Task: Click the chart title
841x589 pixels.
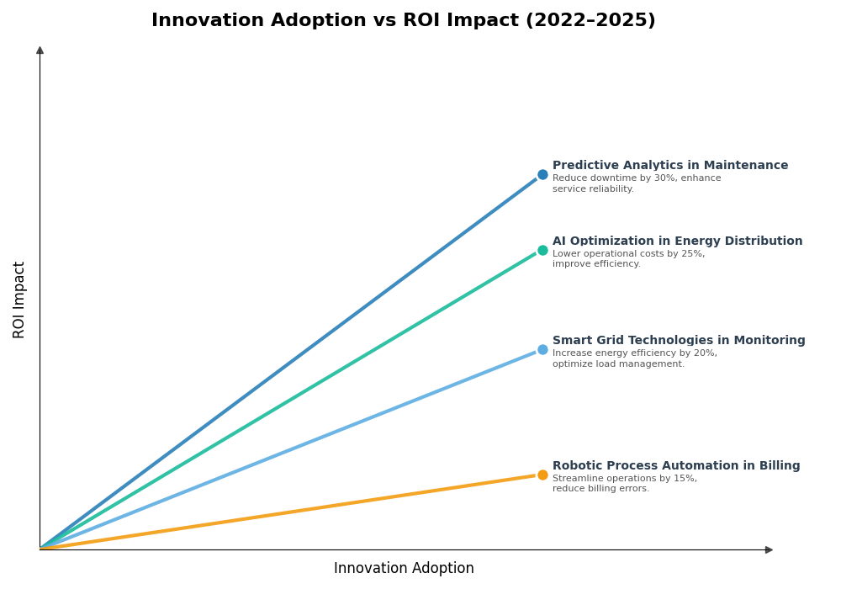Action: (403, 21)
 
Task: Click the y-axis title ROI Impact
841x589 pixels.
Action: (19, 300)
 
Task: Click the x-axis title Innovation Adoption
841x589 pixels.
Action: (404, 569)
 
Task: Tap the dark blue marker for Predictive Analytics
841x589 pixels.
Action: (542, 175)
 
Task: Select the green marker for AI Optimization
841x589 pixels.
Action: (542, 250)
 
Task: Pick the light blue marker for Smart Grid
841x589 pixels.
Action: (542, 350)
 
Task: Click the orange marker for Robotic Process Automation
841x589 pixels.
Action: (542, 475)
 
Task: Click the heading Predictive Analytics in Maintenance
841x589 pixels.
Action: (669, 166)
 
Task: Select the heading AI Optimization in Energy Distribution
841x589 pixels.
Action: (677, 241)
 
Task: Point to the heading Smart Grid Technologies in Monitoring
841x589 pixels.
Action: (678, 341)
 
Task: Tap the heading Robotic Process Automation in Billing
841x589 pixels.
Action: (675, 466)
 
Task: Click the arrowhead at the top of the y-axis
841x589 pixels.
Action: (40, 50)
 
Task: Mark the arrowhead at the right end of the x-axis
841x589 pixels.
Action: (769, 549)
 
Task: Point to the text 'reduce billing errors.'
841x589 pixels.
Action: (600, 489)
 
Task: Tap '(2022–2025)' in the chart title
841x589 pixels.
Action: (591, 21)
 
